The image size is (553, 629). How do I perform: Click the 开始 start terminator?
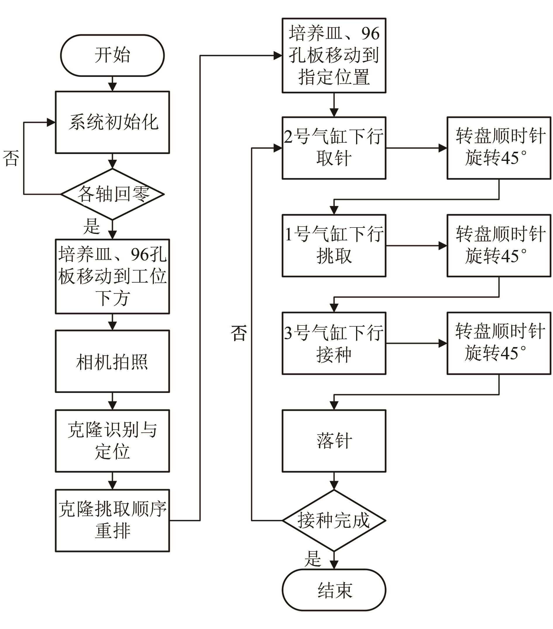pos(112,55)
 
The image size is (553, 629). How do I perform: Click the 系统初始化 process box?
pos(112,122)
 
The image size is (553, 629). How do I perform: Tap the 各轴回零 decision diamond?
pos(112,194)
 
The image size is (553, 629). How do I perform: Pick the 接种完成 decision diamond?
pos(334,521)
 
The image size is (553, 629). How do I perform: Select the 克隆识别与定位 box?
pos(112,441)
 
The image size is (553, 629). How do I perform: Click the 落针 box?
pos(334,441)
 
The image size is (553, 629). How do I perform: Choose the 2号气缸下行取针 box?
pos(334,148)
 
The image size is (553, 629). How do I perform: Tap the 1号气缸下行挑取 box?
pos(334,246)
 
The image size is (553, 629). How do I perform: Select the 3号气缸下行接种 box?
pos(334,343)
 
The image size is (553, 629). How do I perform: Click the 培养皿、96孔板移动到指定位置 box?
pos(334,55)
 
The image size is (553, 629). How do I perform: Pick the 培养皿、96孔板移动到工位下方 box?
pos(112,276)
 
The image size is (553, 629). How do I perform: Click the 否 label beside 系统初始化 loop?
pos(11,158)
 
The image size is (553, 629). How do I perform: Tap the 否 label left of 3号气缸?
pos(239,333)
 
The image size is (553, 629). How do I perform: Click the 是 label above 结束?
pos(313,559)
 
